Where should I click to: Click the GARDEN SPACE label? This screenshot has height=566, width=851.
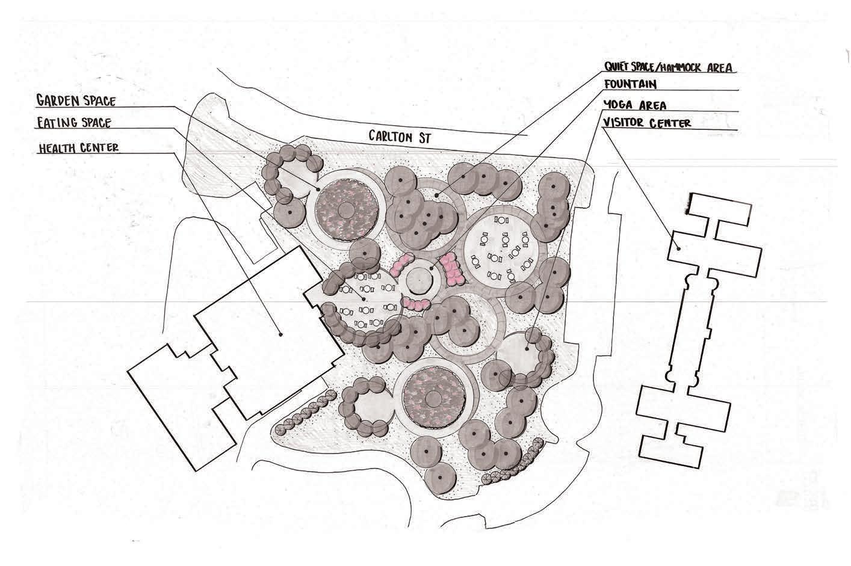76,100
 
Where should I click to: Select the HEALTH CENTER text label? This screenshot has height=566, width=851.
79,148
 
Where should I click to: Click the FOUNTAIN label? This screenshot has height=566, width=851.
631,84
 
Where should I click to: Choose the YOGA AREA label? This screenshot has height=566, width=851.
634,105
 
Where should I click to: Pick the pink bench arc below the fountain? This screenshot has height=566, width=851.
416,303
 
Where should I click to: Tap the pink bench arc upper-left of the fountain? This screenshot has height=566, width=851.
400,264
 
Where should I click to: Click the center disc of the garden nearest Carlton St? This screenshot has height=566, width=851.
346,210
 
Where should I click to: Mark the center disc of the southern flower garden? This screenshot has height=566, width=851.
433,398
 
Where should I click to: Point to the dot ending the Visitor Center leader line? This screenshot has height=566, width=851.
678,247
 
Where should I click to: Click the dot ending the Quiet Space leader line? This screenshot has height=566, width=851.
436,194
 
